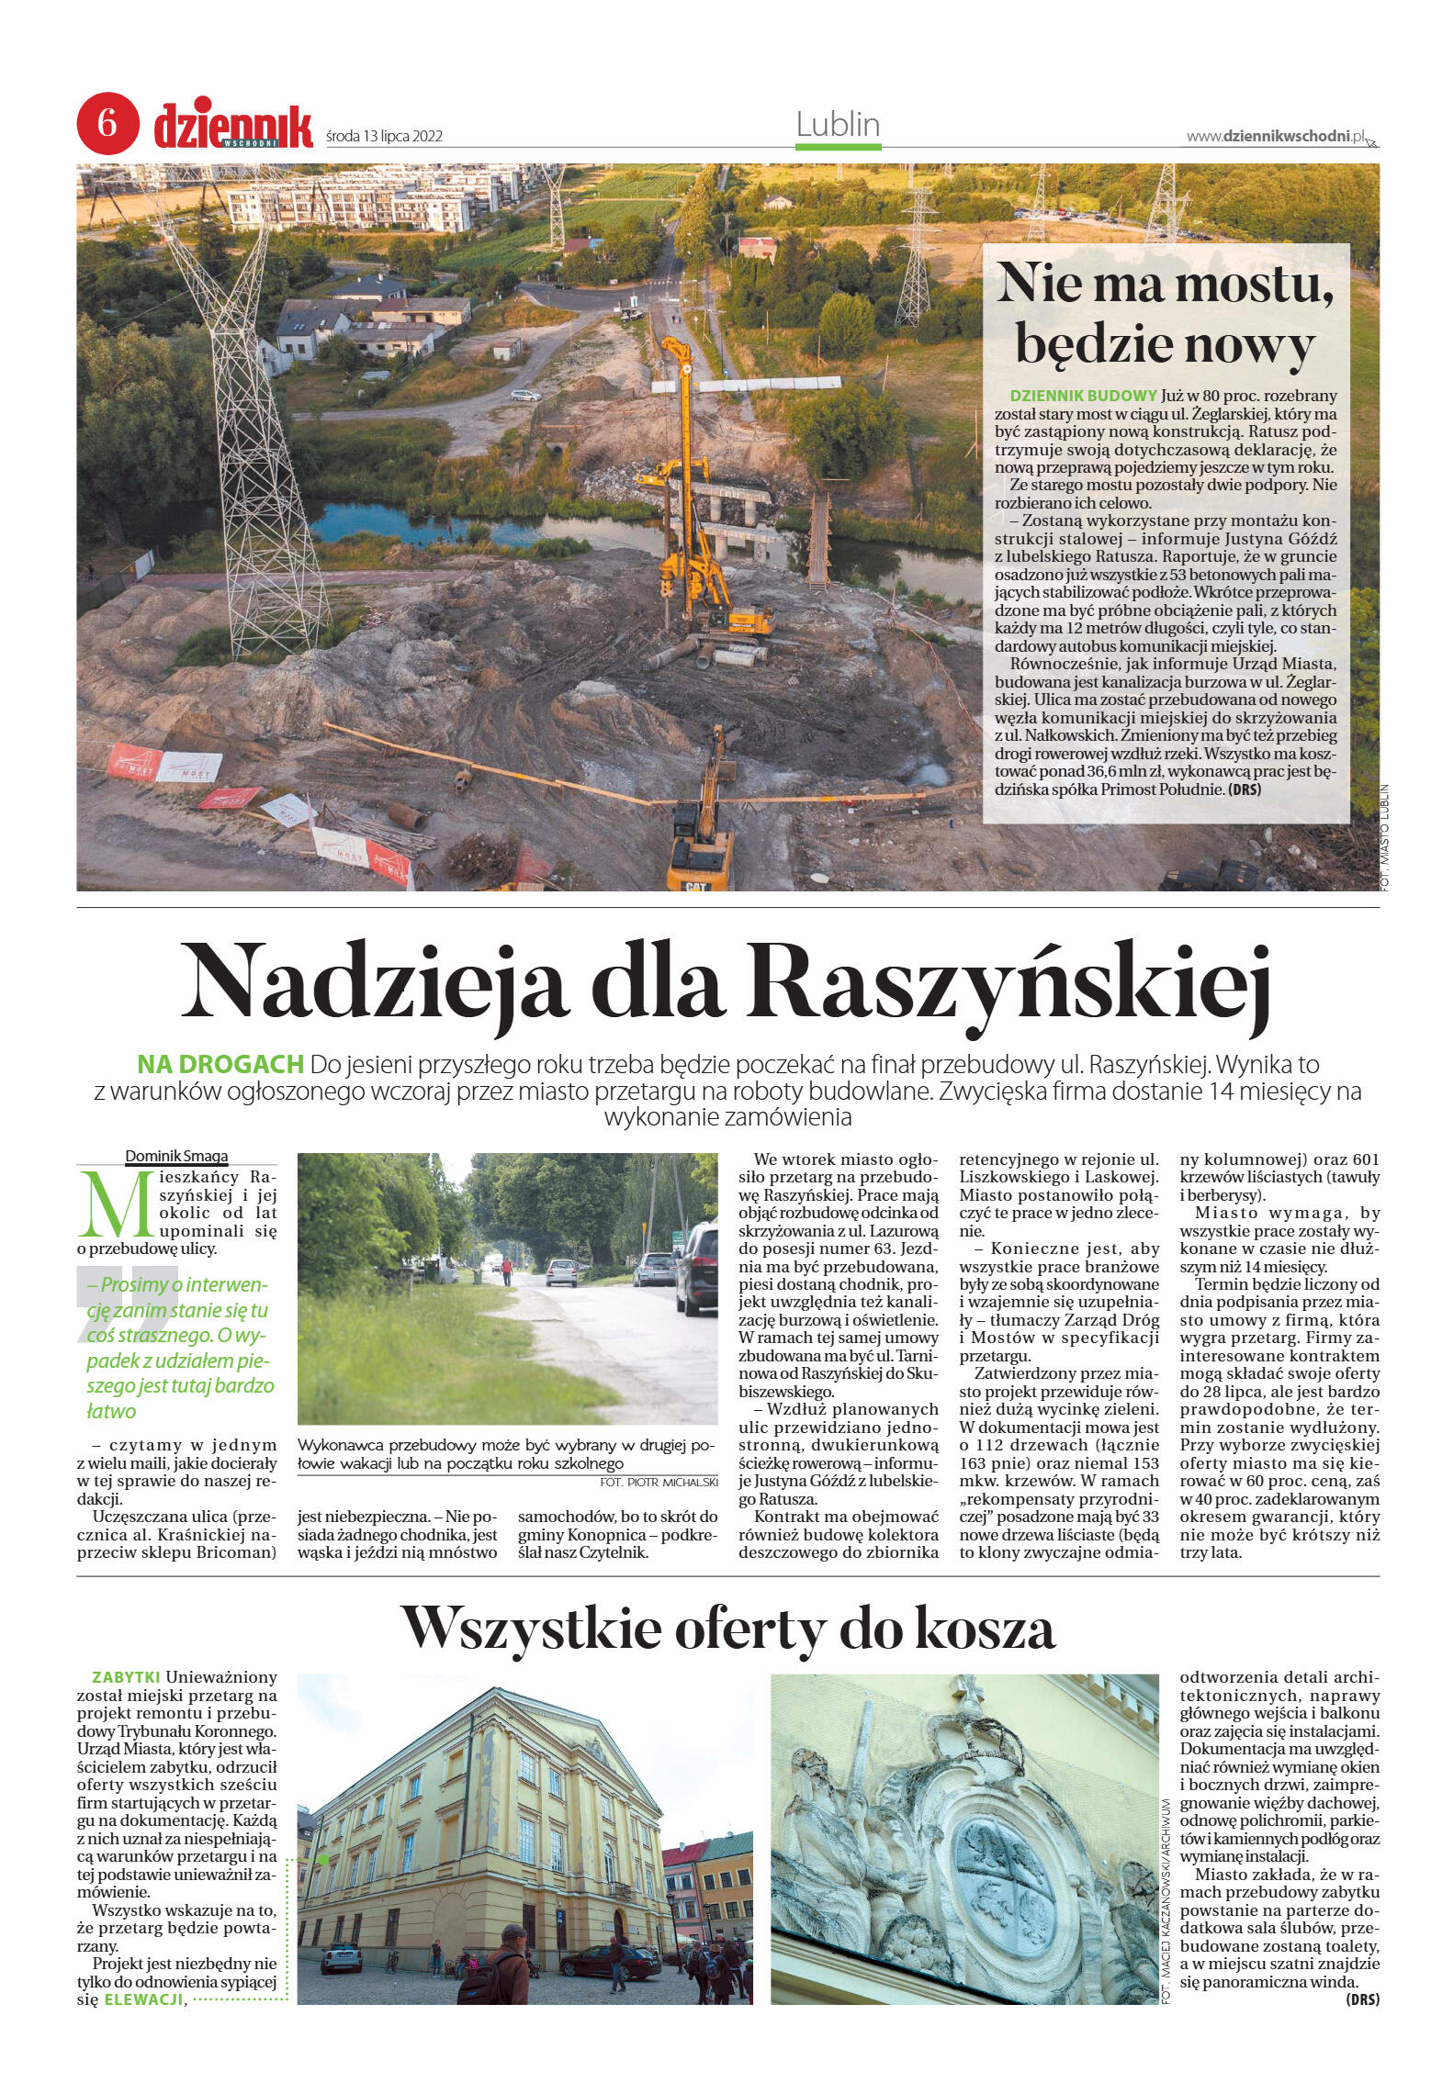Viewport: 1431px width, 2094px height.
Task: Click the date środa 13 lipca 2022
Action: click(385, 137)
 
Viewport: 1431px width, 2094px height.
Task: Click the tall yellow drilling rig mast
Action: click(681, 459)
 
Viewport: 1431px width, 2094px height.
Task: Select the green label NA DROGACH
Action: click(220, 1065)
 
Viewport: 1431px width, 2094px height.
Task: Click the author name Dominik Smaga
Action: click(176, 1156)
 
